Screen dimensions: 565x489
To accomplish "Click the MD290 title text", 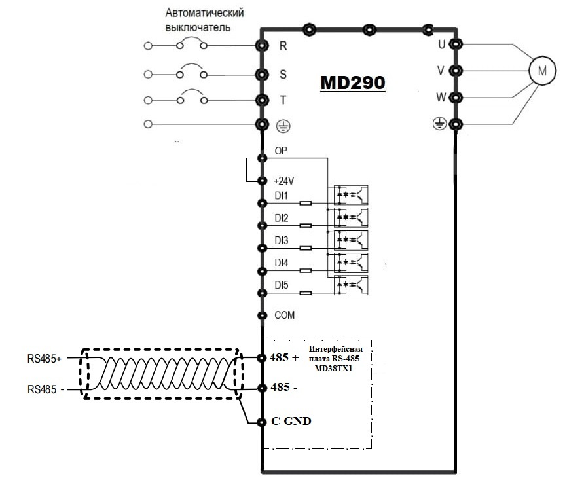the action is point(353,82).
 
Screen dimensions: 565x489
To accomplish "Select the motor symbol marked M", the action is point(542,71).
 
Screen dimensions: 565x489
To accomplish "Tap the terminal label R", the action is point(283,46).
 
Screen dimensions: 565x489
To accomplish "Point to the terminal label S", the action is point(283,74).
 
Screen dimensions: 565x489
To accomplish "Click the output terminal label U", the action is point(441,45).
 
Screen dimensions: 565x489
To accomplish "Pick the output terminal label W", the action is point(441,98).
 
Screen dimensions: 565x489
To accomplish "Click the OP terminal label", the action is point(281,151).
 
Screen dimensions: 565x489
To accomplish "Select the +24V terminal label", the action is point(284,181).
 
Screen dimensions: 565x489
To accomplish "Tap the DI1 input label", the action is point(281,196).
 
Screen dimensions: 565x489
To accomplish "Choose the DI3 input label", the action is point(282,240).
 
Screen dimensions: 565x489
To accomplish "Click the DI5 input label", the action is point(282,285).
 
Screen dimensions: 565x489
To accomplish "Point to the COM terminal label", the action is point(284,315).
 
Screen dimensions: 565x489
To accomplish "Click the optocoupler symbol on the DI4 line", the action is point(351,263).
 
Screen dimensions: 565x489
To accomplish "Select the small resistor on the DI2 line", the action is point(306,226).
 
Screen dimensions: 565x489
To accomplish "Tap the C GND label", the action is point(291,421).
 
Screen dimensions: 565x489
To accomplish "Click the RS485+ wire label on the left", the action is point(45,359).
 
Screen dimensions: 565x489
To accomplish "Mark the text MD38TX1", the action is point(333,369).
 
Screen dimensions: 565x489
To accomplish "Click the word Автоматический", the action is point(204,13).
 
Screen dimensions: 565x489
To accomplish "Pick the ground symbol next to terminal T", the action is point(283,126).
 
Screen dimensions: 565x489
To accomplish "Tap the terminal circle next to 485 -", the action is point(262,388).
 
